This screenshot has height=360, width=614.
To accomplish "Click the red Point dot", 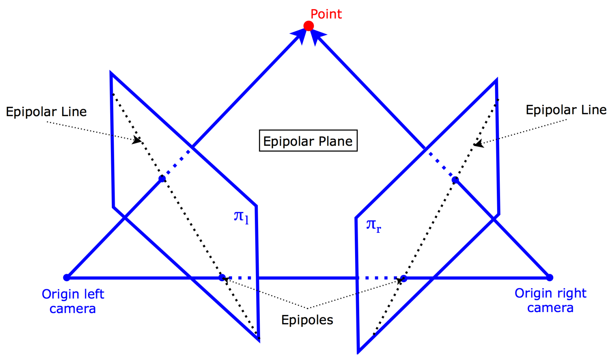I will click(309, 26).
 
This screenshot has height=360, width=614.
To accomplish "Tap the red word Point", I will click(326, 14).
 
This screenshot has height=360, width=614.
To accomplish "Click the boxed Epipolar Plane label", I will click(308, 141).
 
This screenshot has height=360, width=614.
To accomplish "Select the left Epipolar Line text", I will click(46, 112).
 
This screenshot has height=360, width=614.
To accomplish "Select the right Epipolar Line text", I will click(566, 110).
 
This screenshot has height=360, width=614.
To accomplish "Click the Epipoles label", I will click(307, 320).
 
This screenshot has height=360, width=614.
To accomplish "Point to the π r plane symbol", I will click(374, 225).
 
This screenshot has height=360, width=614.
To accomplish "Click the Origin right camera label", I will click(550, 301).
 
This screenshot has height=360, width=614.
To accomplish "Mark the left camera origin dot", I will click(66, 278).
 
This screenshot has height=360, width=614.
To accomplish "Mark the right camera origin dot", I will click(550, 278).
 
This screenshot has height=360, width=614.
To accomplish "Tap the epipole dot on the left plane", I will click(222, 278).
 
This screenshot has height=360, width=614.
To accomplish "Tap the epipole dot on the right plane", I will click(404, 278).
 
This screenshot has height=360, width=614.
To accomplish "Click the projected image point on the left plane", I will click(162, 179).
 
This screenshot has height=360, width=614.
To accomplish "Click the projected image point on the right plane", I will click(455, 180).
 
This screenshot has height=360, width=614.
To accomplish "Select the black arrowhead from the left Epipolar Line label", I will click(137, 140).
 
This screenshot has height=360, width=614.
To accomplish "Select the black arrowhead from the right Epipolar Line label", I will click(478, 144).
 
